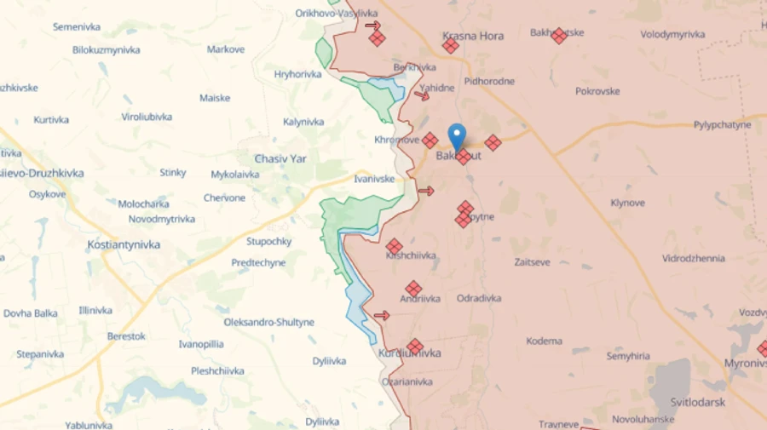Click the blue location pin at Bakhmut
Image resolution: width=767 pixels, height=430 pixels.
(457, 136)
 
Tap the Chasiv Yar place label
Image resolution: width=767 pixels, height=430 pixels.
(280, 158)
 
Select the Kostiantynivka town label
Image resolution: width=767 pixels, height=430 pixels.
(124, 244)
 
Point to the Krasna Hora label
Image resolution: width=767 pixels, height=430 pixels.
(473, 36)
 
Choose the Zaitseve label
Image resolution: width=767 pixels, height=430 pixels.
(532, 263)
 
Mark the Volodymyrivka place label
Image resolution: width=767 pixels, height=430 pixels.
(672, 35)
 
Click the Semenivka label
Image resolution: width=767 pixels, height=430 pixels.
(77, 27)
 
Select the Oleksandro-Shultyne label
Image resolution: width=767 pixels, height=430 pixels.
(268, 322)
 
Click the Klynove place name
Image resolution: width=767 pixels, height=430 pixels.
(627, 203)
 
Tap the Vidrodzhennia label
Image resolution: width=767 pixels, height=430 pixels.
(693, 258)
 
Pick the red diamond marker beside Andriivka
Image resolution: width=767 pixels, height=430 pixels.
(413, 289)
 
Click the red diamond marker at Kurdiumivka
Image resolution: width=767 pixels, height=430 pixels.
(415, 347)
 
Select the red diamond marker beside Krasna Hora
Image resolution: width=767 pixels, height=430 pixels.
(451, 46)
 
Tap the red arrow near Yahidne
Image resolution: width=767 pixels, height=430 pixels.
(422, 95)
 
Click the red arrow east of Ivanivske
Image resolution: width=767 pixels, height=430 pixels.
(426, 191)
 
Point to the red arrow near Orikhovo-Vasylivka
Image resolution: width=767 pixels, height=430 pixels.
(372, 25)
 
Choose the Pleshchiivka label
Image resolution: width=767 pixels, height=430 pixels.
(217, 370)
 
